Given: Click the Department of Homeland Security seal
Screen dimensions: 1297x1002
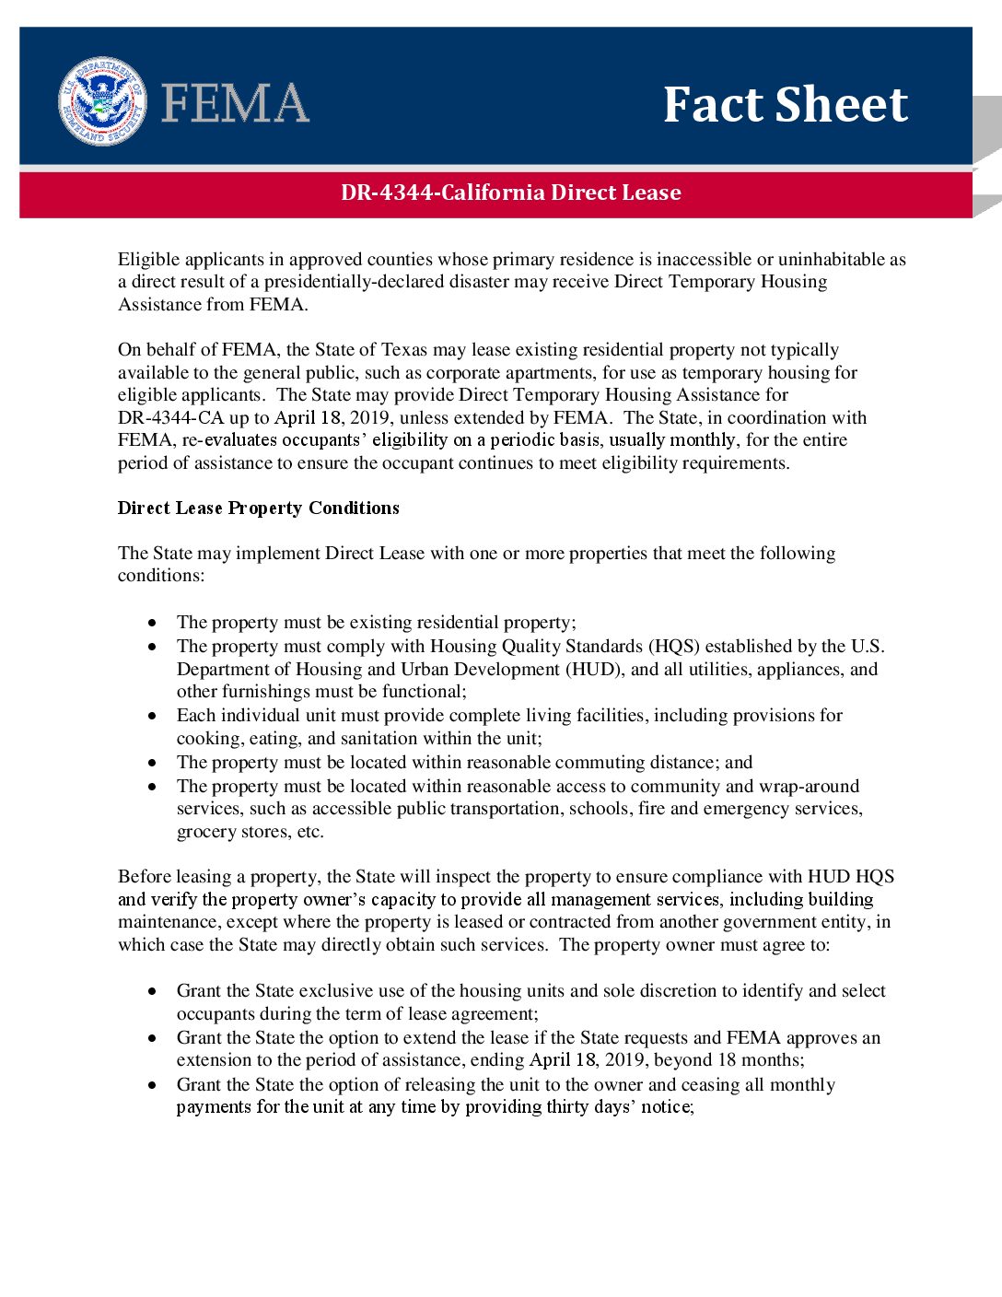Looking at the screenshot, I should tap(102, 101).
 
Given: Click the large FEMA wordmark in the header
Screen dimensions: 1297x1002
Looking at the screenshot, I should tap(235, 103).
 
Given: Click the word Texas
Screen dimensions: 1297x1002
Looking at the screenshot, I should tap(403, 349).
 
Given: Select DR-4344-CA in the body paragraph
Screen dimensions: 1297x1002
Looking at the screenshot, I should tap(171, 417).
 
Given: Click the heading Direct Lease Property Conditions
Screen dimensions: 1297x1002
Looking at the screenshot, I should tap(259, 508).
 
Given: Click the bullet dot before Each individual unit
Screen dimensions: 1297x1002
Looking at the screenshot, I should tap(152, 716).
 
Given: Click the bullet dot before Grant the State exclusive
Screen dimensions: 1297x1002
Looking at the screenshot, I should tap(152, 991).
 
